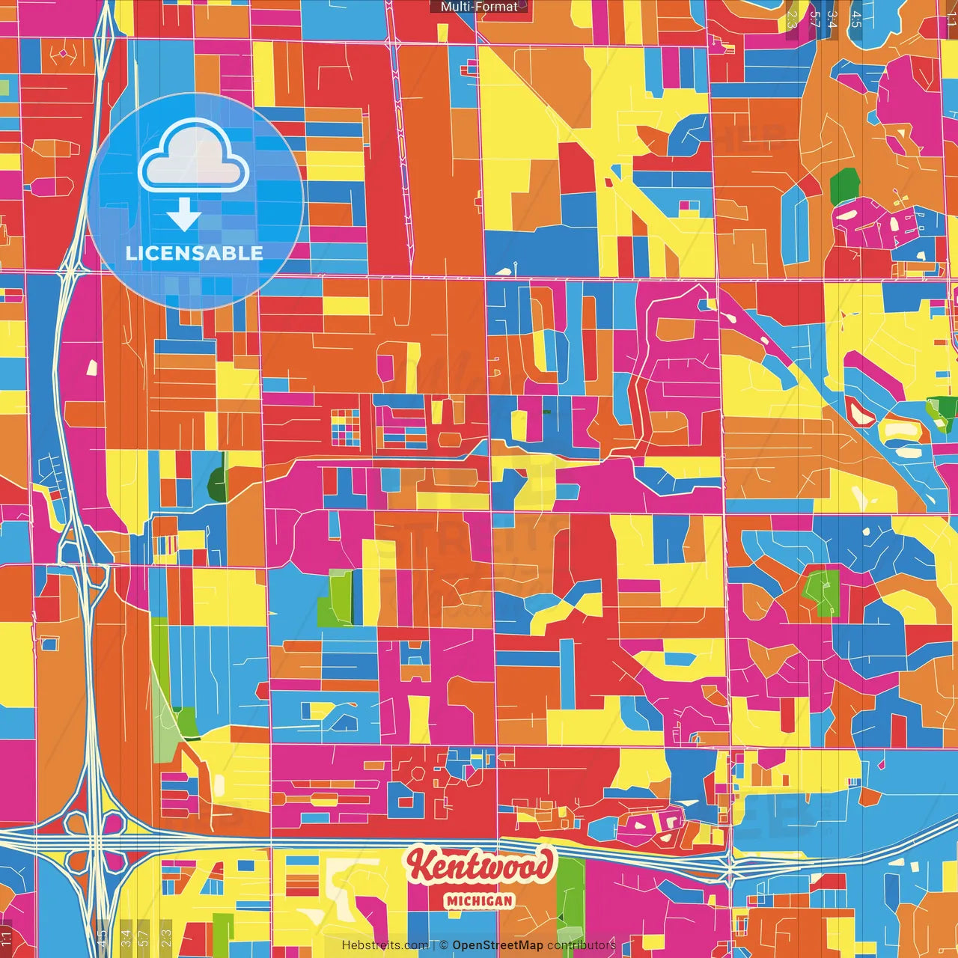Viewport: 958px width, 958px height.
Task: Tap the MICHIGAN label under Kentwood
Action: pos(479,901)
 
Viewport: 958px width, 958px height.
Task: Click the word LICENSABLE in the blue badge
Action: pos(195,253)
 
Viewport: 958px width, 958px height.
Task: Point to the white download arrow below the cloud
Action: pos(183,214)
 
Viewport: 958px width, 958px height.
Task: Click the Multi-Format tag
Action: pos(479,7)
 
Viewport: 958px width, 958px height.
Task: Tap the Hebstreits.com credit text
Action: pos(385,945)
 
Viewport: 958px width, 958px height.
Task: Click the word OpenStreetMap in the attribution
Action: pos(497,945)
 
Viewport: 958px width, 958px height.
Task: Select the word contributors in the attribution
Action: pos(582,945)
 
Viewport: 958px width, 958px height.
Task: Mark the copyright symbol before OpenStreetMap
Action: pos(444,945)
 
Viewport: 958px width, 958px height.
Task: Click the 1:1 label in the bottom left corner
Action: pos(7,936)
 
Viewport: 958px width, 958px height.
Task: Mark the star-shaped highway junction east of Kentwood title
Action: pos(730,868)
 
